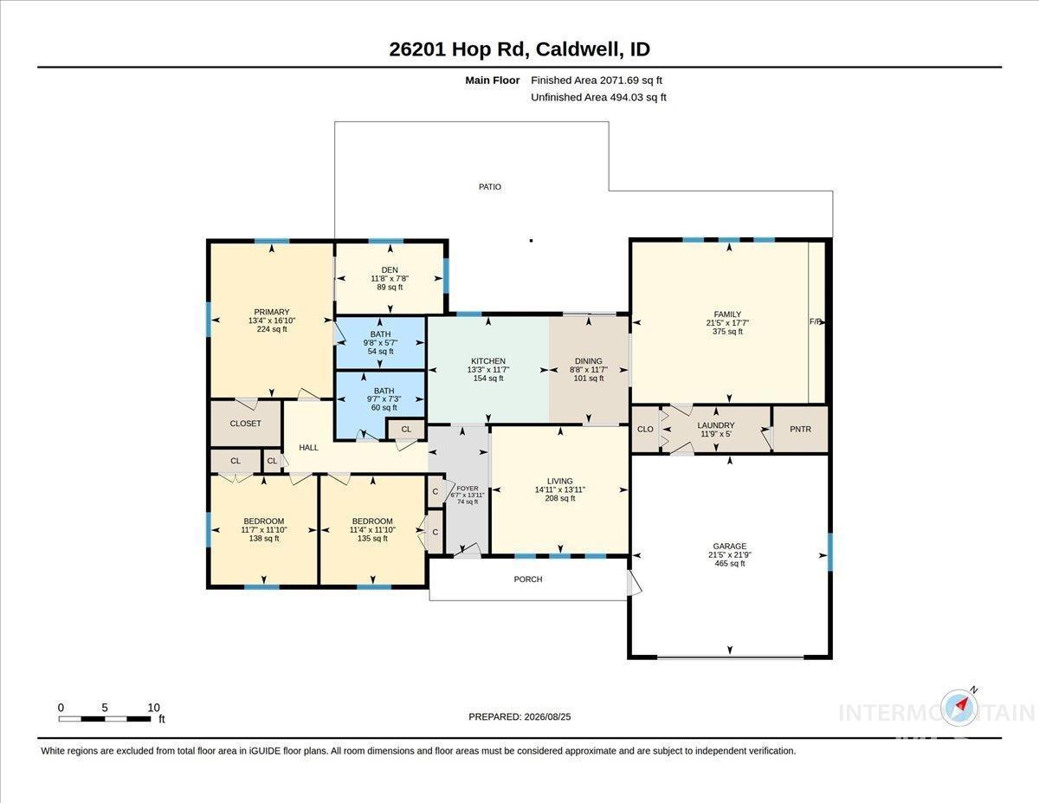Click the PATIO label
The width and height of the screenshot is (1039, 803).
(x=490, y=186)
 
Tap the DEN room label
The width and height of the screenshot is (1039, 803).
(x=390, y=269)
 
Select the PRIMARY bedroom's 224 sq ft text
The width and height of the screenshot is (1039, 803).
(x=272, y=329)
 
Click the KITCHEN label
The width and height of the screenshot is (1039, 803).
(x=488, y=361)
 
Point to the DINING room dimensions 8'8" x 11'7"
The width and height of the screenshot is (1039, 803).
(x=589, y=370)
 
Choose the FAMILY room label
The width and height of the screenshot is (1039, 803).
(x=727, y=314)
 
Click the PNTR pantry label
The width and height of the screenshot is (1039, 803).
(x=800, y=429)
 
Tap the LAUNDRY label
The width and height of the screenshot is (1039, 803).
(x=716, y=425)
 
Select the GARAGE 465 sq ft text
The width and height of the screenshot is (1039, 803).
(x=730, y=563)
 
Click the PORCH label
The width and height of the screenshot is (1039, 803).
(x=528, y=580)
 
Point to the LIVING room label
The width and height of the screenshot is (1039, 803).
(x=560, y=481)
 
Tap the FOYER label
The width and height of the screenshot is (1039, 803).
(x=468, y=489)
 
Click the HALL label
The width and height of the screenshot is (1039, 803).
(x=308, y=448)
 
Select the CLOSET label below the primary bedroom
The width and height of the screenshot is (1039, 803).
(x=245, y=424)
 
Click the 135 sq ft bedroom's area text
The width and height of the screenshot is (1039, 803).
(x=372, y=539)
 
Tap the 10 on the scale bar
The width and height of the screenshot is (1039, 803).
(x=153, y=708)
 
